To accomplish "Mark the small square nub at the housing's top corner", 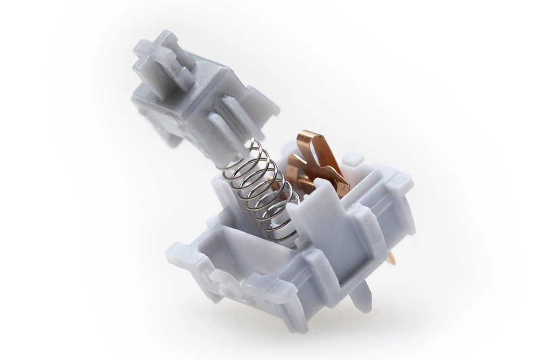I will click(x=353, y=159).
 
